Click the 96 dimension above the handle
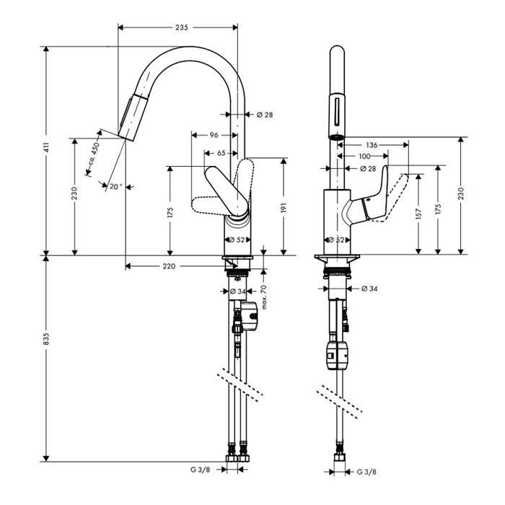(214, 135)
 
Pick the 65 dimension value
(221, 152)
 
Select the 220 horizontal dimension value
(168, 266)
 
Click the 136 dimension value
(372, 144)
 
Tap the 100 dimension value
(364, 156)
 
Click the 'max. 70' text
(264, 297)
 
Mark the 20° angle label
(115, 186)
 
